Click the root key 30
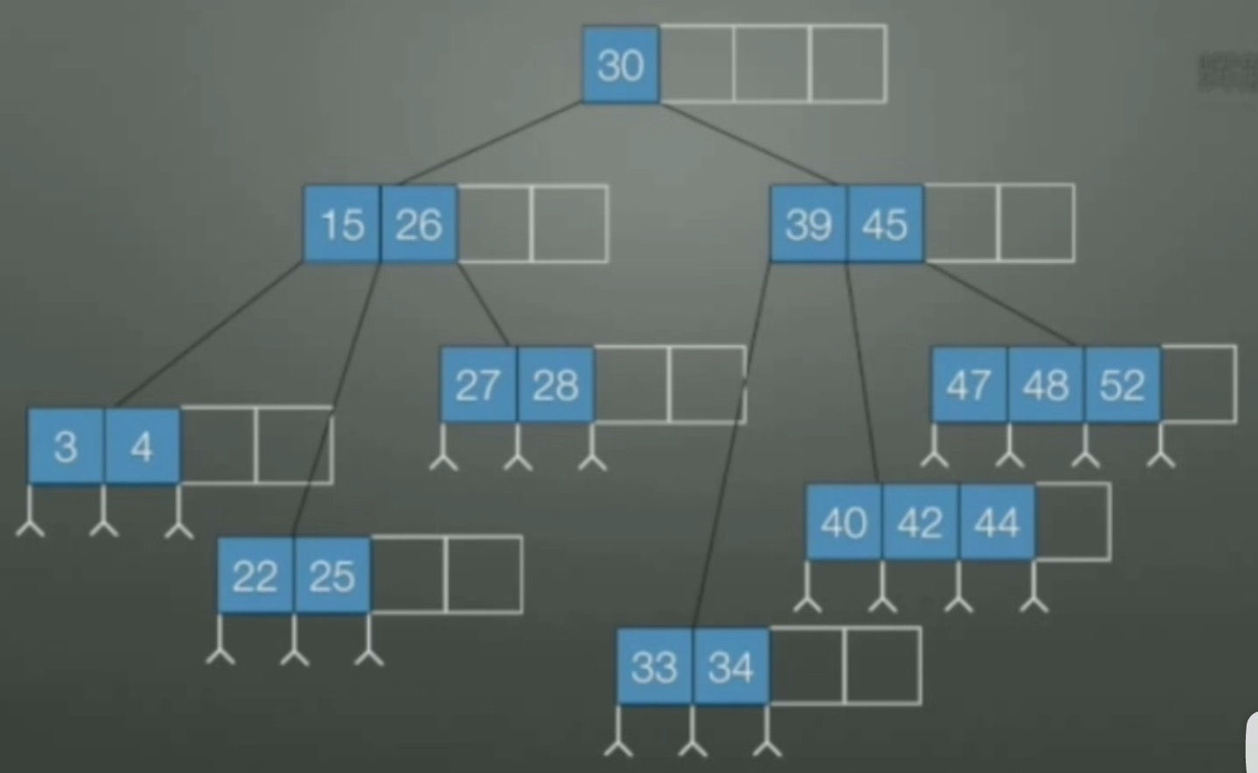coord(621,65)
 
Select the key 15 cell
coord(342,224)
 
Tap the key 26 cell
coord(419,224)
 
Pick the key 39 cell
coord(808,224)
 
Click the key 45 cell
coord(885,224)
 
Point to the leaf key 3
coord(66,446)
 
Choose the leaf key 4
coord(142,446)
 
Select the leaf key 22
coord(255,575)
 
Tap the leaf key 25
coord(332,575)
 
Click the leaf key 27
coord(479,385)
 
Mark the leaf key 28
coord(556,385)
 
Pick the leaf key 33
coord(655,666)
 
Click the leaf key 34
coord(731,666)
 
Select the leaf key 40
coord(844,522)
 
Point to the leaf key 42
coord(920,522)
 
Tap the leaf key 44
coord(997,522)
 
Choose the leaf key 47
coord(969,385)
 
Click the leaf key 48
coord(1046,385)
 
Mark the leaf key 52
coord(1122,385)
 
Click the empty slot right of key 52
coord(1199,385)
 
